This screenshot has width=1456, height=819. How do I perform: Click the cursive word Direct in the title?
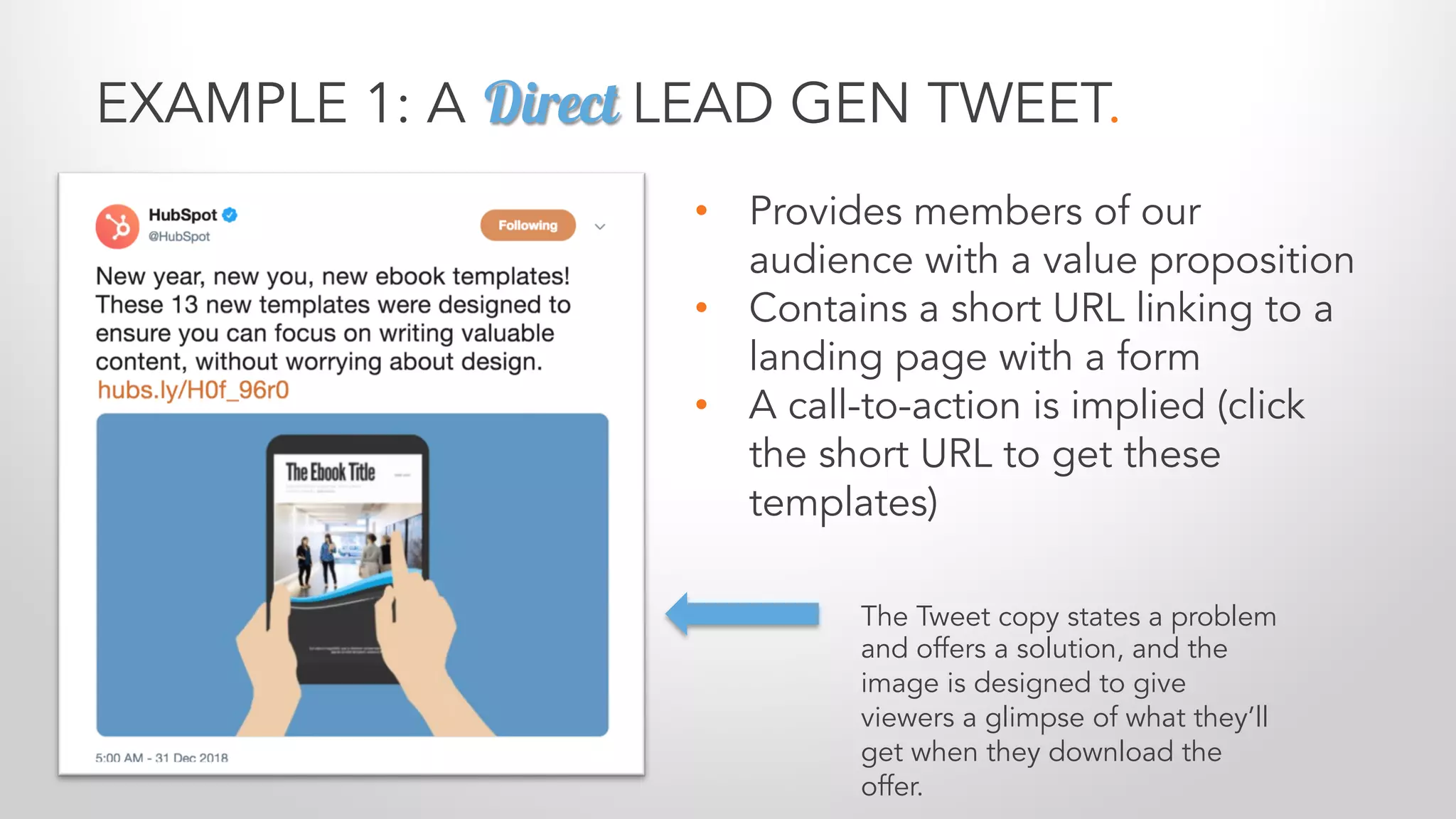pyautogui.click(x=552, y=104)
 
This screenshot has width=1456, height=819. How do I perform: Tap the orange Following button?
pyautogui.click(x=528, y=225)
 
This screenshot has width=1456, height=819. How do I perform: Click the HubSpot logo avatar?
pyautogui.click(x=117, y=227)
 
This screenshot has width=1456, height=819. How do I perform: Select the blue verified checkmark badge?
pyautogui.click(x=230, y=214)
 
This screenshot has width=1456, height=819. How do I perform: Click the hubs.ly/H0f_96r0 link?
pyautogui.click(x=193, y=390)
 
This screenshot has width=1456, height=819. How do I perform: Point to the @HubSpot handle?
pyautogui.click(x=179, y=237)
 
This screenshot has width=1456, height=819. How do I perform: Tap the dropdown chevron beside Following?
pyautogui.click(x=600, y=227)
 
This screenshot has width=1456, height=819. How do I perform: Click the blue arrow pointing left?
pyautogui.click(x=742, y=614)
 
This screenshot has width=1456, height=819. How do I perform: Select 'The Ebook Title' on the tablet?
pyautogui.click(x=330, y=472)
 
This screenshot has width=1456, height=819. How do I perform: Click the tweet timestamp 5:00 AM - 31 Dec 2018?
pyautogui.click(x=162, y=758)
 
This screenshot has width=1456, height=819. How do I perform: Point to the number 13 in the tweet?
pyautogui.click(x=184, y=305)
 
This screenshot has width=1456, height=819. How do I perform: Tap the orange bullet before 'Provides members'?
pyautogui.click(x=702, y=210)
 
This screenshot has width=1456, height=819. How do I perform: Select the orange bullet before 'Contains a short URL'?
pyautogui.click(x=702, y=308)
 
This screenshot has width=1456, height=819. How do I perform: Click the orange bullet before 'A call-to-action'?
pyautogui.click(x=702, y=405)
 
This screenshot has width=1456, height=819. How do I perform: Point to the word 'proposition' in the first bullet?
pyautogui.click(x=1251, y=260)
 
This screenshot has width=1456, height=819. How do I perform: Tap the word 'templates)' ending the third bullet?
pyautogui.click(x=843, y=503)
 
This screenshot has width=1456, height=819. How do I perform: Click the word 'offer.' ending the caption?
pyautogui.click(x=892, y=786)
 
